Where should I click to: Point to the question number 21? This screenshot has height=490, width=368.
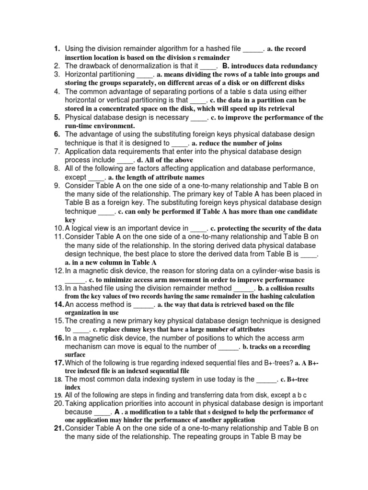58,428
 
